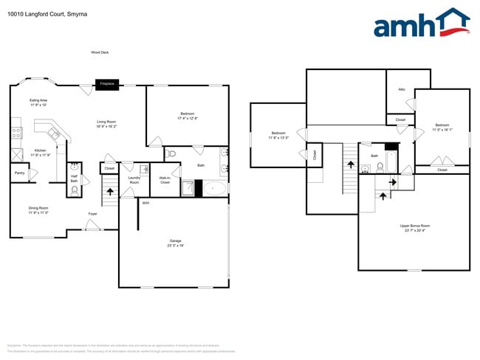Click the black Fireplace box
tap(107, 84)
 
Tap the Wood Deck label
tap(99, 52)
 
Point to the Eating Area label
tap(38, 103)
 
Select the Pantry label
tap(19, 173)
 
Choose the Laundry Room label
tap(134, 179)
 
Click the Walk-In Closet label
tap(165, 180)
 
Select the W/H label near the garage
tap(145, 202)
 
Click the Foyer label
tap(92, 214)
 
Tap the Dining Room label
tap(38, 210)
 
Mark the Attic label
tap(402, 89)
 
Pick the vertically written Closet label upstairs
tap(315, 155)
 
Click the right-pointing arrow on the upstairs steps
tap(392, 180)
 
